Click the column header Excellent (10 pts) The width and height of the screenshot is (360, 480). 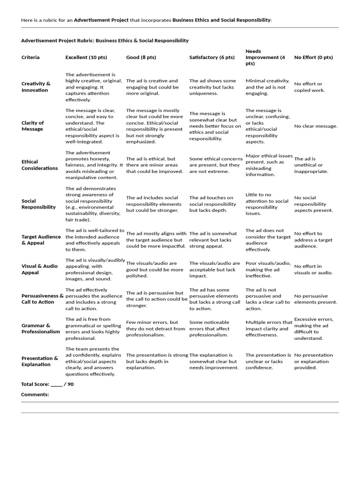pyautogui.click(x=86, y=57)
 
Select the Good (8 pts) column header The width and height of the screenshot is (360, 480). pyautogui.click(x=141, y=57)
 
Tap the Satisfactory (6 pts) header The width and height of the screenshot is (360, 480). pyautogui.click(x=211, y=57)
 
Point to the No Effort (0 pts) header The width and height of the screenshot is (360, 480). pyautogui.click(x=313, y=57)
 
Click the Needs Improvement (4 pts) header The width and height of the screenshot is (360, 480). pyautogui.click(x=265, y=57)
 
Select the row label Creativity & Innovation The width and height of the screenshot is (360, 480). pyautogui.click(x=36, y=87)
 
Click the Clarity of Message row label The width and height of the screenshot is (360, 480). pyautogui.click(x=33, y=126)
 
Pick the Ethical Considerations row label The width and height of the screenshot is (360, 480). pyautogui.click(x=40, y=165)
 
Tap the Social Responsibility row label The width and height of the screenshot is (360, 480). pyautogui.click(x=38, y=203)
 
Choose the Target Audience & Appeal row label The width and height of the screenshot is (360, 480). pyautogui.click(x=41, y=240)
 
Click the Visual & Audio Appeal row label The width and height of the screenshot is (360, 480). pyautogui.click(x=39, y=269)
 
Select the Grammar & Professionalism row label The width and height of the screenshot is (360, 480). pyautogui.click(x=41, y=328)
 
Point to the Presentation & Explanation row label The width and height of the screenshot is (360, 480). pyautogui.click(x=40, y=361)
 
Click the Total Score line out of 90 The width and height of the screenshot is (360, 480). pyautogui.click(x=47, y=384)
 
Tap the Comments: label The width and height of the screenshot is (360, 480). pyautogui.click(x=35, y=394)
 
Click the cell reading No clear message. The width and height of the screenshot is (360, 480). pyautogui.click(x=315, y=126)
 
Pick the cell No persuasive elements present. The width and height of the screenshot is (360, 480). pyautogui.click(x=315, y=299)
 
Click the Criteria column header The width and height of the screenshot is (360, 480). pyautogui.click(x=30, y=57)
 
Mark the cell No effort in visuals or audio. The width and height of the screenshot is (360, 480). pyautogui.click(x=313, y=269)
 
